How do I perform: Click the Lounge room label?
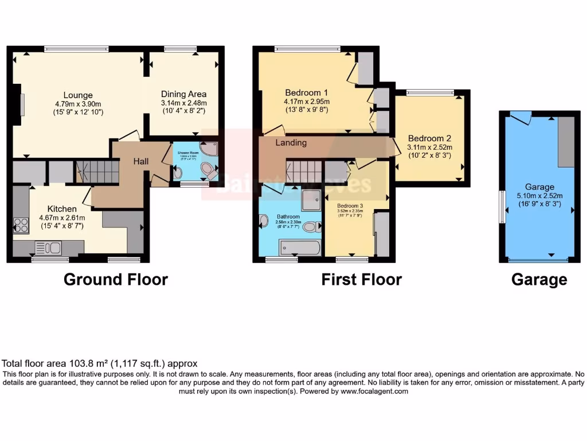[x=78, y=95]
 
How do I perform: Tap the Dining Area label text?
[x=183, y=94]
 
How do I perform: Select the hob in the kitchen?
[x=21, y=225]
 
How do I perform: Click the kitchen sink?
[x=49, y=248]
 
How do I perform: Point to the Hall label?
[x=141, y=162]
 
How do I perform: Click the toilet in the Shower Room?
[x=207, y=170]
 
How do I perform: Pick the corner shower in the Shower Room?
[x=209, y=149]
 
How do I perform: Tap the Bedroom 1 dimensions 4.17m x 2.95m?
[x=306, y=102]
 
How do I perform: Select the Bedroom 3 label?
[x=350, y=206]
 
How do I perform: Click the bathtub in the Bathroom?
[x=300, y=248]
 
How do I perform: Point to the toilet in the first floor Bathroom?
[x=311, y=227]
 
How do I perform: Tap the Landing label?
[x=291, y=142]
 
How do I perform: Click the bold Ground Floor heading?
[x=115, y=280]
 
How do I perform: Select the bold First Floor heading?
[x=361, y=280]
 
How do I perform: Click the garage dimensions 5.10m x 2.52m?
[x=539, y=196]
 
